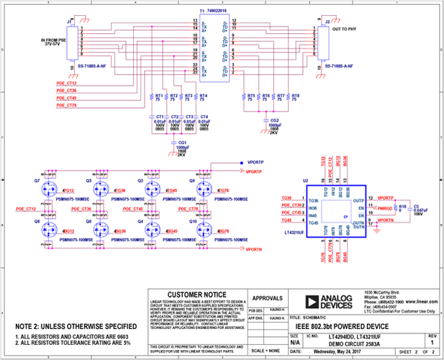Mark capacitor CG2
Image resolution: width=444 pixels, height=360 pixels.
[271, 127]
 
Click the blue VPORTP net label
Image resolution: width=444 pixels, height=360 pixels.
[256, 163]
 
